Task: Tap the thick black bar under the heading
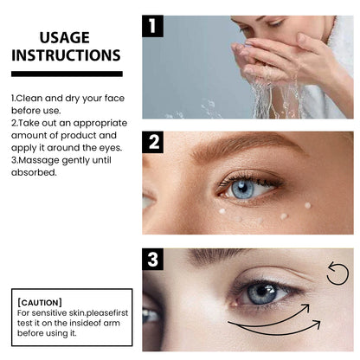[67, 74]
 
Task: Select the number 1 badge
[153, 26]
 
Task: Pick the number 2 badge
[153, 143]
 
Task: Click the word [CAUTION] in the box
[40, 301]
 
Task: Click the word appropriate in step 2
[102, 123]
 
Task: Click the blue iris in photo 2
[242, 189]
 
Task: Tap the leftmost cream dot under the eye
[222, 211]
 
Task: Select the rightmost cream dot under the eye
[307, 205]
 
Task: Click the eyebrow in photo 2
[242, 148]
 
